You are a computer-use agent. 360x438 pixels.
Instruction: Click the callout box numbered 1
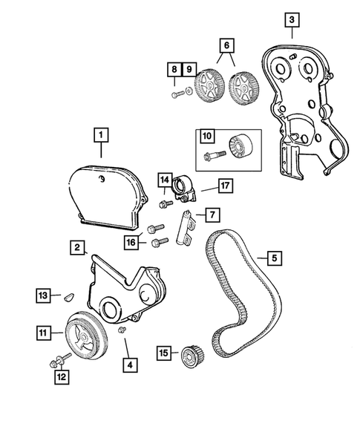click(x=99, y=136)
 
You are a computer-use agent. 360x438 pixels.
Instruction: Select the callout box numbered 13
click(x=44, y=296)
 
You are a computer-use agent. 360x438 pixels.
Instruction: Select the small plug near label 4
click(x=124, y=330)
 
